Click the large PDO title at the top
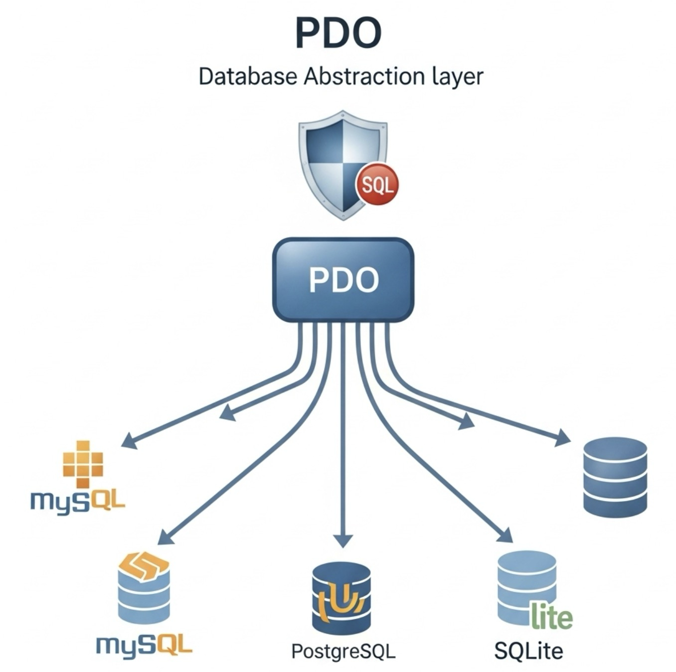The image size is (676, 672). (338, 34)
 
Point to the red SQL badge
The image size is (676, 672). (377, 185)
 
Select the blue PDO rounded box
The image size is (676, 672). (343, 279)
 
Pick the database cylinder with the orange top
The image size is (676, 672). (144, 588)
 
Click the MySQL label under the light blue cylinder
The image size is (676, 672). (144, 646)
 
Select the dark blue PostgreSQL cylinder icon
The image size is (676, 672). (341, 597)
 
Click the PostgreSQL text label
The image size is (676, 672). (343, 651)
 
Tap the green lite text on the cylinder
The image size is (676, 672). (552, 617)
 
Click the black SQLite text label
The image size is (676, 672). (528, 651)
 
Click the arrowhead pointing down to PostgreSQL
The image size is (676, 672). (342, 541)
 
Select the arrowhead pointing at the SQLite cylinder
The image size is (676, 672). (505, 535)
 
